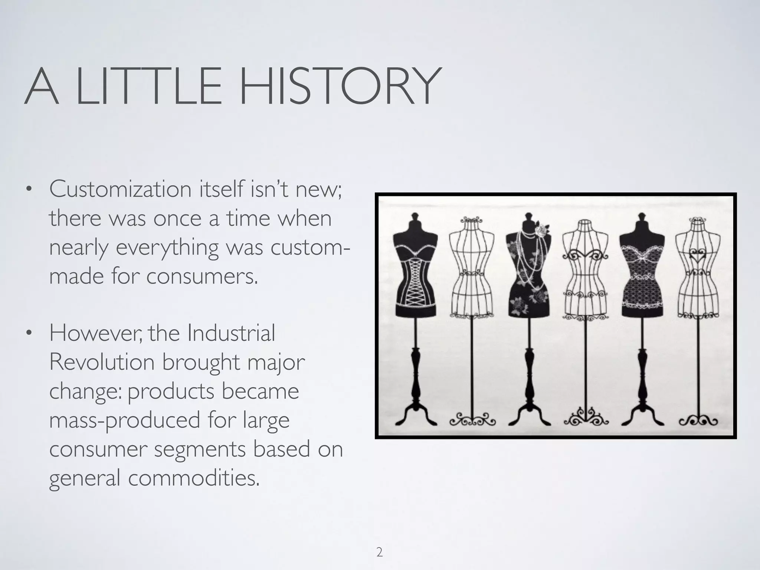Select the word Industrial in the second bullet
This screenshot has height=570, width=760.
pyautogui.click(x=231, y=333)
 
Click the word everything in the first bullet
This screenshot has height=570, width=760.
pyautogui.click(x=167, y=248)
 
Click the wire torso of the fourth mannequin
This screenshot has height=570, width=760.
pyautogui.click(x=585, y=275)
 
